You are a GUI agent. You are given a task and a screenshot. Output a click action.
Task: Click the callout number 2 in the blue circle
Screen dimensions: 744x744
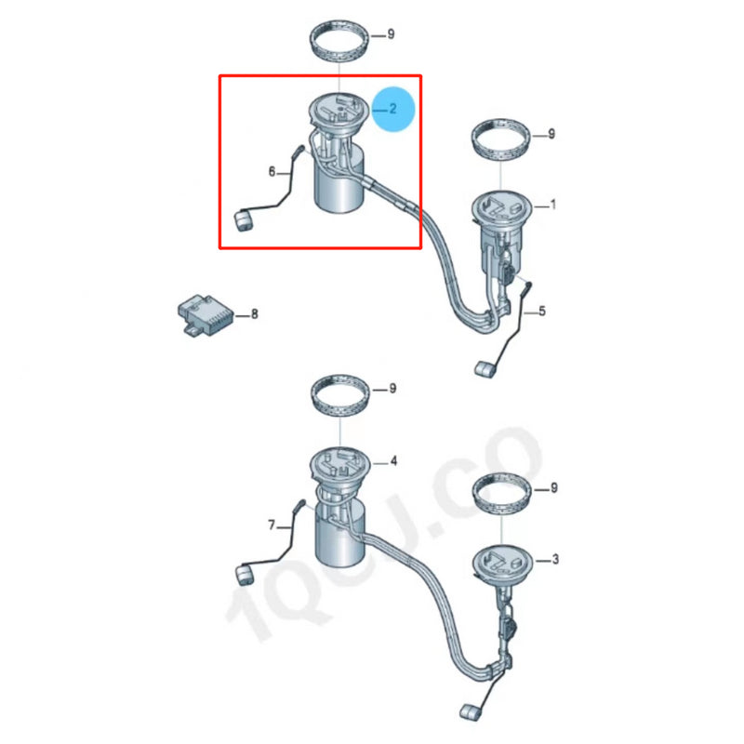[392, 109]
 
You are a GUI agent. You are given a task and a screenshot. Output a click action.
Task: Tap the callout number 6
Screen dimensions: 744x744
[272, 172]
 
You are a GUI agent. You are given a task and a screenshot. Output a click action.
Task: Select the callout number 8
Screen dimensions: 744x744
[254, 315]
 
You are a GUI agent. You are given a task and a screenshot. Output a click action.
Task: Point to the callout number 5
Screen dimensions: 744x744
[542, 312]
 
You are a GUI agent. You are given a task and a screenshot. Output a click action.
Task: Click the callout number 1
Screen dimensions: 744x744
[553, 204]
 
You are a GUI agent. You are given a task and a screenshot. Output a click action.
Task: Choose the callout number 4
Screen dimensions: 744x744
[393, 460]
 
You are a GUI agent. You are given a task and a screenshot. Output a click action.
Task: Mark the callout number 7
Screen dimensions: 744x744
[272, 525]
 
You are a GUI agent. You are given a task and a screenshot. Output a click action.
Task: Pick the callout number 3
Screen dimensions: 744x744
[555, 559]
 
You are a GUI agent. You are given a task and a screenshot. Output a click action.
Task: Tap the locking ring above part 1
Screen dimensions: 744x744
[502, 139]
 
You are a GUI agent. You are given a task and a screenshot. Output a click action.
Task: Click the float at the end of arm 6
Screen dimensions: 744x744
[244, 222]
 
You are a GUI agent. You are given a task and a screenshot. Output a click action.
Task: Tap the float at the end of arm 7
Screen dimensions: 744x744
[244, 574]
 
